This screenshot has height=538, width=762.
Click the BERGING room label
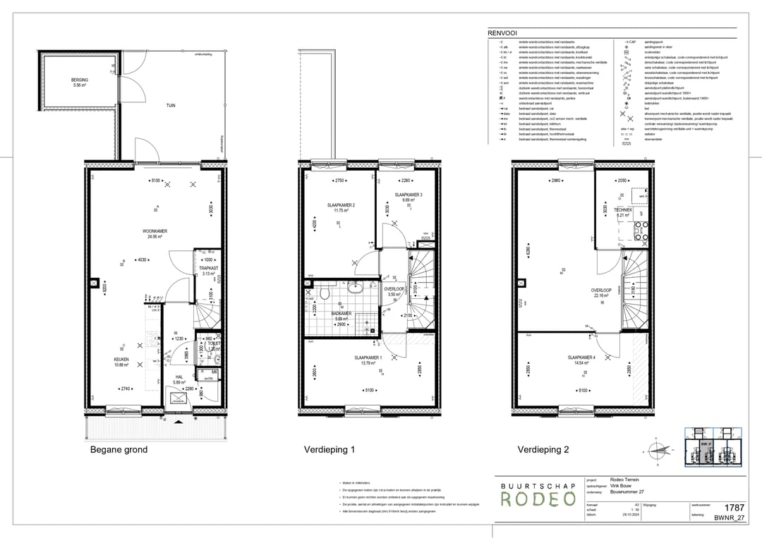[x=79, y=81]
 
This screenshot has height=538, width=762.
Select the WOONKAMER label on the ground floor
[x=155, y=231]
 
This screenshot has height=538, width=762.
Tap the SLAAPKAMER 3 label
[x=409, y=195]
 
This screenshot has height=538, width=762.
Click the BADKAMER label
[x=341, y=314]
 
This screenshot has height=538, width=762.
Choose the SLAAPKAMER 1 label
[x=368, y=358]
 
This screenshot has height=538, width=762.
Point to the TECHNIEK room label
[x=622, y=210]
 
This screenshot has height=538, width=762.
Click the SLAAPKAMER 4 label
[x=581, y=358]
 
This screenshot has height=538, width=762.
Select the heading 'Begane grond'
[x=119, y=450]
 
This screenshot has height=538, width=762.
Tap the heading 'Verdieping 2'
[x=543, y=450]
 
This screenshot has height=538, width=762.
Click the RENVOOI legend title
[x=502, y=32]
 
